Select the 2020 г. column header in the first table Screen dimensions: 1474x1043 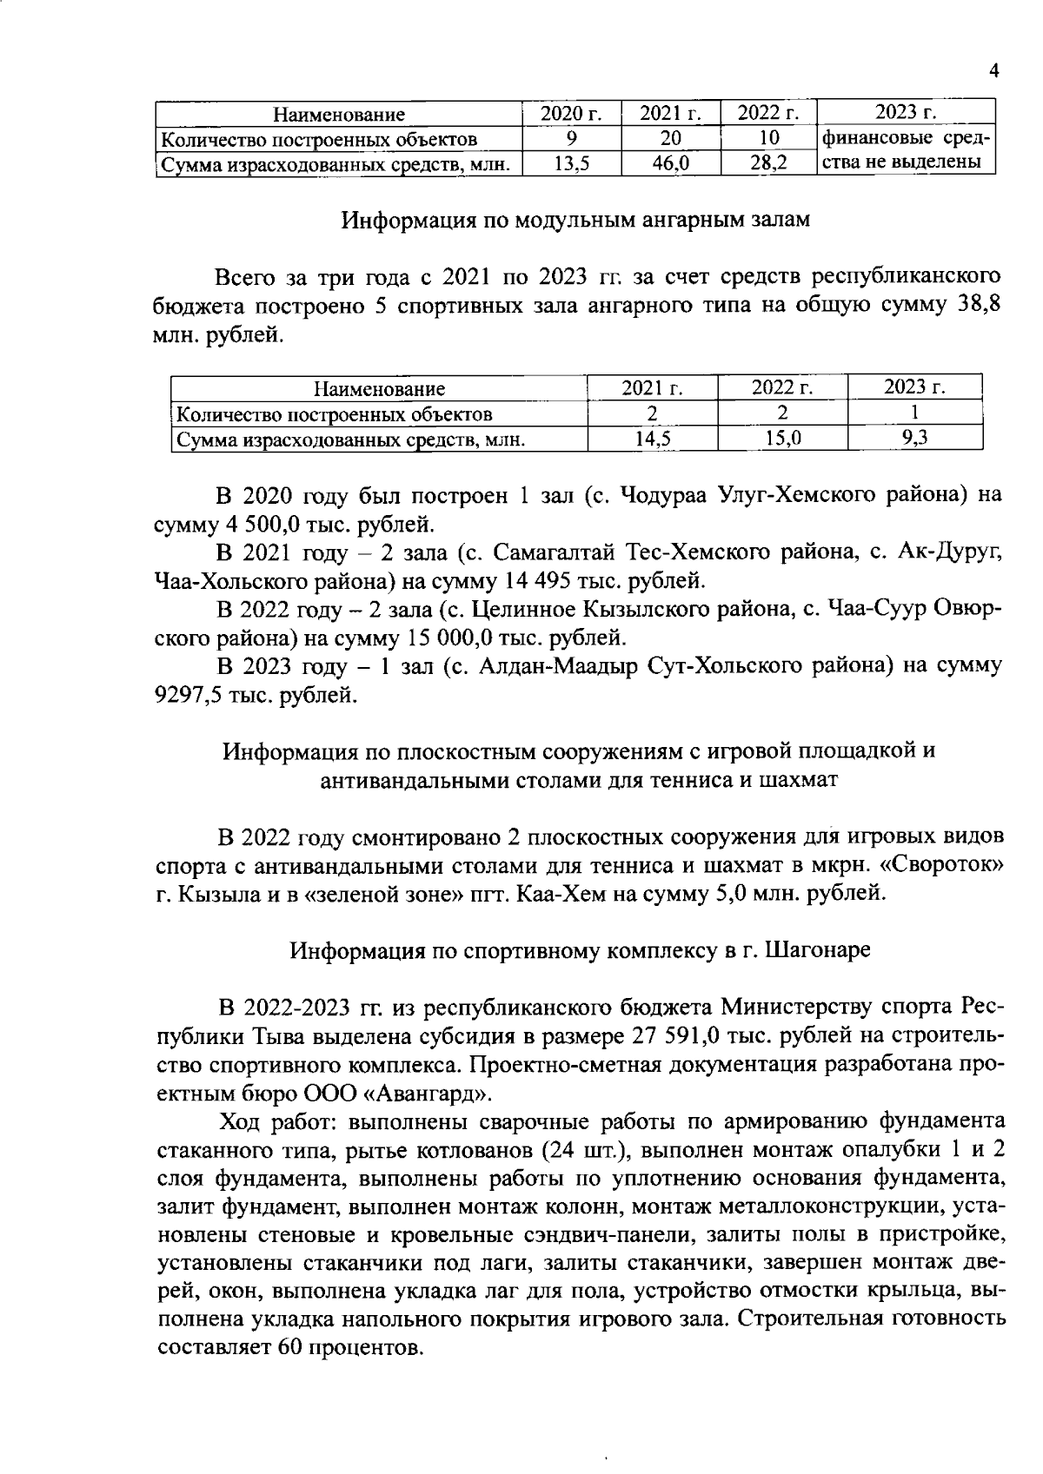tap(571, 114)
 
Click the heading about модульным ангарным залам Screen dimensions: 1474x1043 tap(575, 220)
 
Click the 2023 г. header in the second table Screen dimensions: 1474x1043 tap(914, 388)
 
